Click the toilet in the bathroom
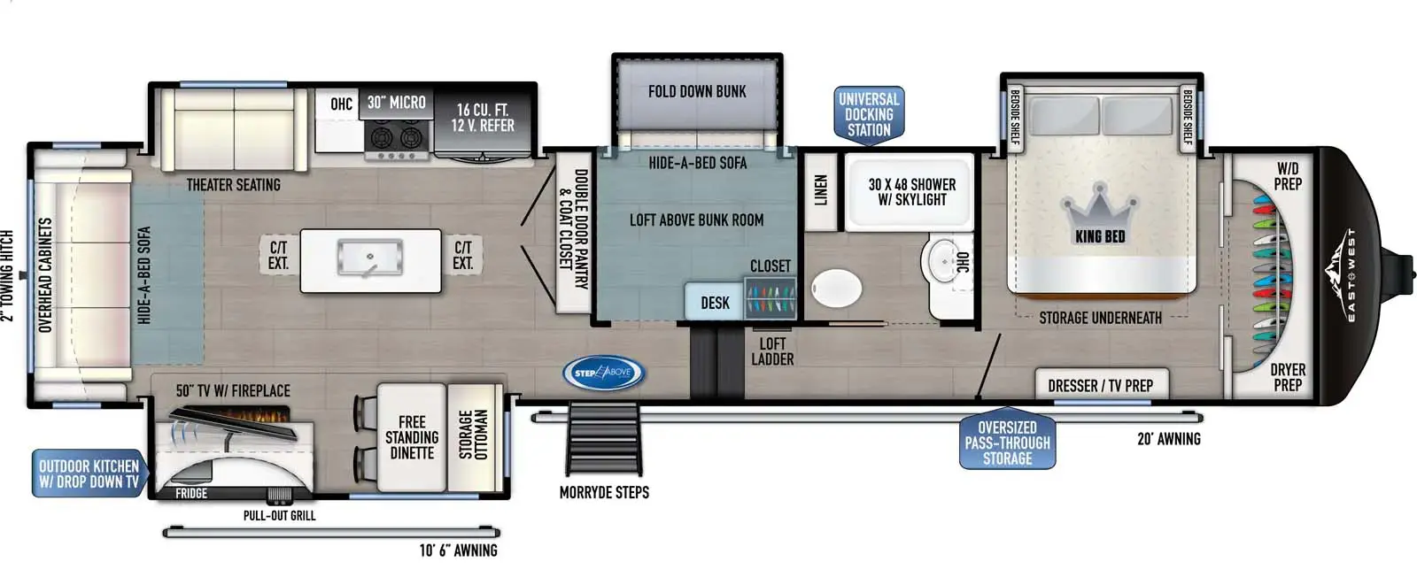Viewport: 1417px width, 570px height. pyautogui.click(x=836, y=289)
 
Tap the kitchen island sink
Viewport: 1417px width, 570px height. pyautogui.click(x=370, y=258)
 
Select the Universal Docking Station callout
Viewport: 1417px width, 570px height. pyautogui.click(x=869, y=115)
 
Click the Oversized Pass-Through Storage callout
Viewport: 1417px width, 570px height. pyautogui.click(x=1007, y=443)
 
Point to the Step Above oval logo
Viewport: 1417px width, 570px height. pyautogui.click(x=603, y=373)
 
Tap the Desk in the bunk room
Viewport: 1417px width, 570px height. pyautogui.click(x=715, y=303)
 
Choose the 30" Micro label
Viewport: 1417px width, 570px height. pyautogui.click(x=397, y=103)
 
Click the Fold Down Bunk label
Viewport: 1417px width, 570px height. pyautogui.click(x=697, y=92)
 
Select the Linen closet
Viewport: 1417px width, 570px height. pyautogui.click(x=820, y=191)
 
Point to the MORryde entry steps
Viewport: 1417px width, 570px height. pyautogui.click(x=603, y=439)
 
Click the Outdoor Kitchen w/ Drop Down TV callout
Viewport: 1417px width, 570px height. pyautogui.click(x=89, y=474)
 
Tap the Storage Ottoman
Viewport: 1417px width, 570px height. pyautogui.click(x=475, y=436)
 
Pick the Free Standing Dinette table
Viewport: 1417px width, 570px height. pyautogui.click(x=412, y=436)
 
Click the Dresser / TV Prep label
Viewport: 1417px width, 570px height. pyautogui.click(x=1101, y=386)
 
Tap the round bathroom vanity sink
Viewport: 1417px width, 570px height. pyautogui.click(x=943, y=259)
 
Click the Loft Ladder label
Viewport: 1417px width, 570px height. pyautogui.click(x=772, y=351)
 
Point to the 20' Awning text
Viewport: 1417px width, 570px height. pyautogui.click(x=1168, y=438)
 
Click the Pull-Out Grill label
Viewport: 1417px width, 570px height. pyautogui.click(x=279, y=516)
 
